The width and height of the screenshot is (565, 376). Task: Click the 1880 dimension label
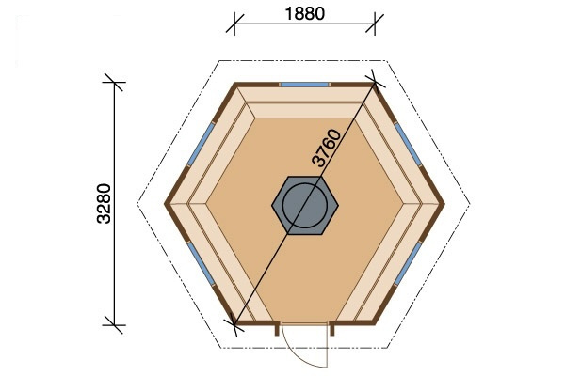point(304,14)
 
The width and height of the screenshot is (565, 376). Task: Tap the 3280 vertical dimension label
point(105,204)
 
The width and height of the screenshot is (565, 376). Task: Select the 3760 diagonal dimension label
point(327,148)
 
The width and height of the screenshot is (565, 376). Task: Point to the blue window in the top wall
point(305,85)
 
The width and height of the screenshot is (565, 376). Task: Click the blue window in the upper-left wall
point(201,144)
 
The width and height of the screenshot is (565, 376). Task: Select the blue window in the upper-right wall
point(409,144)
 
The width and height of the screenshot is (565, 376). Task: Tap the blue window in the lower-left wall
point(201,263)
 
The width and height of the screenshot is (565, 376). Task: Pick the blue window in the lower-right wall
point(409,263)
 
